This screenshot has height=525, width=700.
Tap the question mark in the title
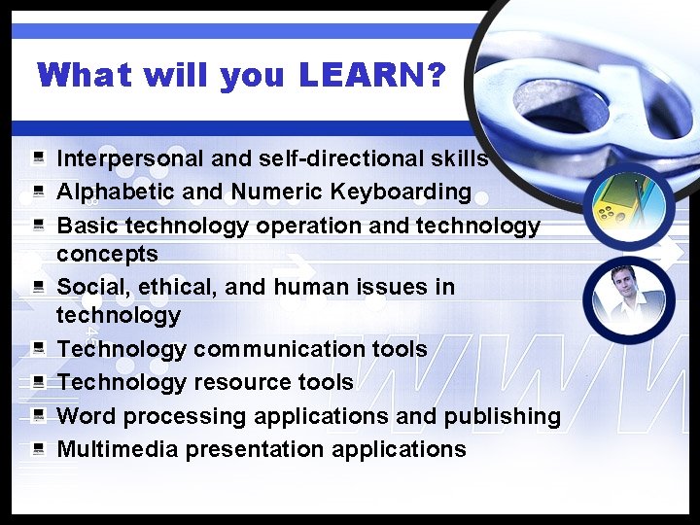(436, 75)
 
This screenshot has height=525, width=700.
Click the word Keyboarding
(408, 192)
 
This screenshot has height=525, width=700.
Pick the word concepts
(107, 254)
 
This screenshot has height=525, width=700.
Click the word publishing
(502, 417)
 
